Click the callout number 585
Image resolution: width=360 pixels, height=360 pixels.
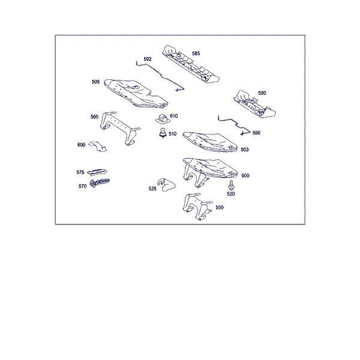[196, 53]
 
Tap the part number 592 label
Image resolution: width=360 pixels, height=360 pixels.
[148, 59]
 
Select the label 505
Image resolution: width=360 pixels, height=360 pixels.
[95, 82]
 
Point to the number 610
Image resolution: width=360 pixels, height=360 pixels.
[173, 116]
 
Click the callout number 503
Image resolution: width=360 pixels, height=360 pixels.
[245, 149]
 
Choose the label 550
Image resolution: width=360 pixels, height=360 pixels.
[219, 208]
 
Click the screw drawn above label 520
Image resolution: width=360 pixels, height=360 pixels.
[231, 185]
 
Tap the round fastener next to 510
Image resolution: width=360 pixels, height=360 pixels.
[163, 133]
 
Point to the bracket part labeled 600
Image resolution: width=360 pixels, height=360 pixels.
[98, 146]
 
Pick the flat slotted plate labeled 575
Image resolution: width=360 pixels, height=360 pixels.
[97, 172]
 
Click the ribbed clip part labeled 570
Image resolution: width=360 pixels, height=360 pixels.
[99, 182]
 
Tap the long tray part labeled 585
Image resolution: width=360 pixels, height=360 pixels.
[191, 65]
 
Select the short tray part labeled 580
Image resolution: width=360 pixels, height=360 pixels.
[254, 104]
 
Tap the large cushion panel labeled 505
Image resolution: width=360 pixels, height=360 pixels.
[136, 94]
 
